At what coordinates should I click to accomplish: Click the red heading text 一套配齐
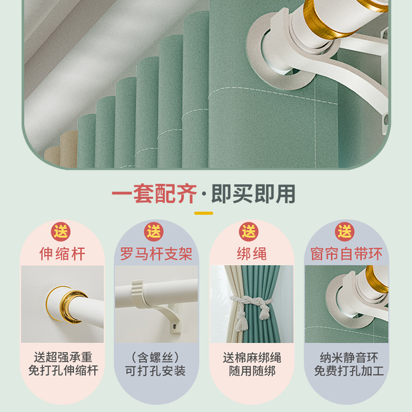click(x=154, y=194)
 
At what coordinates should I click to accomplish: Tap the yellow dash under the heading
click(x=203, y=213)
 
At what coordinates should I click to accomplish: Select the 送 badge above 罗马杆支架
click(x=154, y=231)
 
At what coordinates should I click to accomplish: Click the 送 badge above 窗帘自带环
click(x=345, y=231)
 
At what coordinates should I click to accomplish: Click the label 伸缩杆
click(x=62, y=254)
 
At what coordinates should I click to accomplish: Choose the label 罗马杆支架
click(x=156, y=254)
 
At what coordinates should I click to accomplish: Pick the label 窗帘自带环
click(x=346, y=254)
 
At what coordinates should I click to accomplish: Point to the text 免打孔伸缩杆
click(x=62, y=370)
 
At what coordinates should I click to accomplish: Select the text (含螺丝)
click(x=156, y=357)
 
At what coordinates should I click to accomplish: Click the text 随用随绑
click(x=251, y=371)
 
